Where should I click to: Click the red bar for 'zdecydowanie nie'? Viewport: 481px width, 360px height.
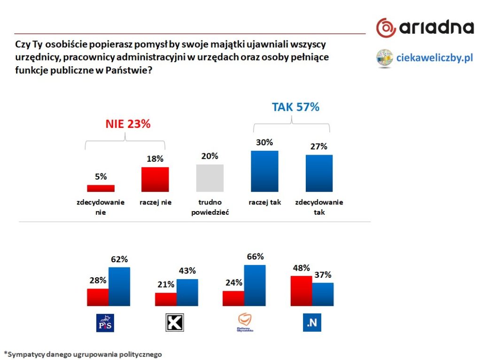101,188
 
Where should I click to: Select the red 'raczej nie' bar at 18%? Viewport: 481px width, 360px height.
155,179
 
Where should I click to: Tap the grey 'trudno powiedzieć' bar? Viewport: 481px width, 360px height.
209,178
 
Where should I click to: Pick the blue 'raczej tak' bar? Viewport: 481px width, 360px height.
264,171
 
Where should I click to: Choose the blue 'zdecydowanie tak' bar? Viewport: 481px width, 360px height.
319,173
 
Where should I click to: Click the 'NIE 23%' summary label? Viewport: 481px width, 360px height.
127,124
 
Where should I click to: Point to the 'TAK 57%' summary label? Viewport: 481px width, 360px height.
295,107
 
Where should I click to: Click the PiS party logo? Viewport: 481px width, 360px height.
105,323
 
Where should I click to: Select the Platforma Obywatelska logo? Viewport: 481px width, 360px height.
245,323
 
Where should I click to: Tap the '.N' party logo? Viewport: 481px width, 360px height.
312,323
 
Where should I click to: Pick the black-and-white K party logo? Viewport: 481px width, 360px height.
175,323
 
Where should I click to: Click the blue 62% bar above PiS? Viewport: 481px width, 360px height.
119,286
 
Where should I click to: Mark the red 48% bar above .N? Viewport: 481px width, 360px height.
302,291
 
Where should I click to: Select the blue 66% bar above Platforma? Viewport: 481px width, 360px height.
255,285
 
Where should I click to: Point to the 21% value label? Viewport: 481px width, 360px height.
166,284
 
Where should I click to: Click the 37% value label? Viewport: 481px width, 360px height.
323,274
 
